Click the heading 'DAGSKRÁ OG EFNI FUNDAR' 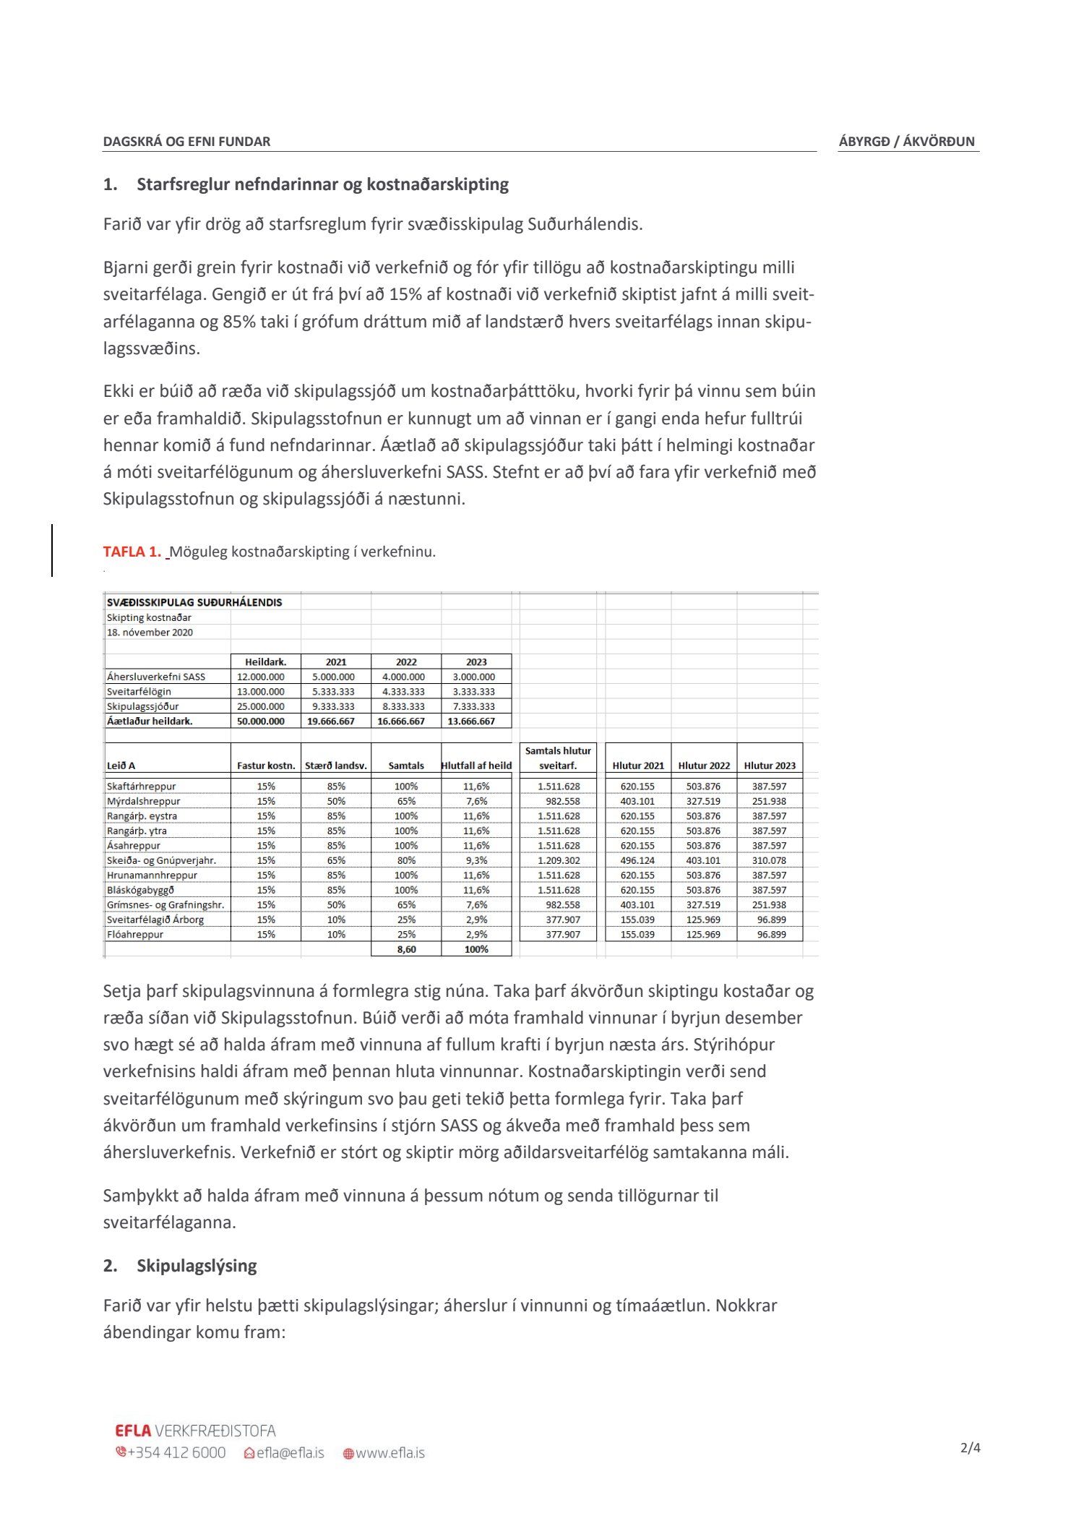186,142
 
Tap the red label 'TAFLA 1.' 132,552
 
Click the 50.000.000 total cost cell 261,721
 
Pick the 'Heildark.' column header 265,661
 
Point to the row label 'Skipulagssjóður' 143,706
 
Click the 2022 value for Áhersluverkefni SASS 405,677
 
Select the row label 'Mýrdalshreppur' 144,801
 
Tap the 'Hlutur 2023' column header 769,766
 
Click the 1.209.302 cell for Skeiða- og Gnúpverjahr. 559,860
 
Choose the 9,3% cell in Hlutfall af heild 476,860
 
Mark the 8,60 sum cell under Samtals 406,949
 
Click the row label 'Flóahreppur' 135,934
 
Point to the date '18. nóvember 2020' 150,632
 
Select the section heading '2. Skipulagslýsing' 180,1265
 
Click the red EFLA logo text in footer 133,1431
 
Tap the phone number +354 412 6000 176,1452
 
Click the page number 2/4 970,1448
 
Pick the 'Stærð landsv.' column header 335,766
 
